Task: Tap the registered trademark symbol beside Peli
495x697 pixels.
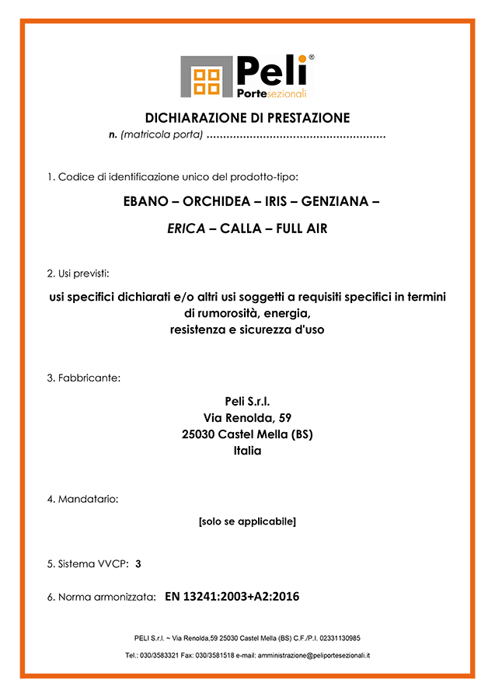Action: point(311,58)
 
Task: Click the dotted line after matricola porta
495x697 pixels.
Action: point(297,136)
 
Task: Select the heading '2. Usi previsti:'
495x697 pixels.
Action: point(78,274)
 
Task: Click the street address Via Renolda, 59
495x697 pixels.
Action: point(247,417)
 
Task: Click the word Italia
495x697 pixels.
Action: point(247,450)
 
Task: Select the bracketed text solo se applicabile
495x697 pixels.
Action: point(247,521)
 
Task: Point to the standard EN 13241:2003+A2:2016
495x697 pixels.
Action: point(232,597)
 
